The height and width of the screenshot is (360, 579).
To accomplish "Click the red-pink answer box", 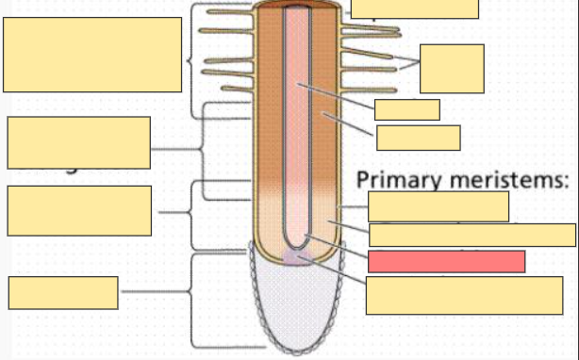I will click(x=446, y=261).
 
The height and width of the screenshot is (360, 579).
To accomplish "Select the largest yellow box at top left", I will click(x=92, y=55).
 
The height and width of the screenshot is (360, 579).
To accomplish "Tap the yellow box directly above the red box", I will click(x=471, y=235).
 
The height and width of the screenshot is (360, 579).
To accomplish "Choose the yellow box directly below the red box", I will click(x=464, y=295).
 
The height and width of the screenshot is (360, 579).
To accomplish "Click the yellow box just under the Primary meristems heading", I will click(x=438, y=205).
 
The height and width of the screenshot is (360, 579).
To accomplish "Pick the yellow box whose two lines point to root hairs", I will click(x=452, y=68).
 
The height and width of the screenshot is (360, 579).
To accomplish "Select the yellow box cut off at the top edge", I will click(x=414, y=8).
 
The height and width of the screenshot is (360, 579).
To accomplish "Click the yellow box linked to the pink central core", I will click(x=406, y=109).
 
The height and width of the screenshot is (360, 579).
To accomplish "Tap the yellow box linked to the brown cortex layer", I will click(x=418, y=138).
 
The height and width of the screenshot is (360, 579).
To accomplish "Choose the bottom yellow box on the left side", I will click(x=63, y=292).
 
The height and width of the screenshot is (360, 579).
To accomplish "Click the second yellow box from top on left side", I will click(x=78, y=142).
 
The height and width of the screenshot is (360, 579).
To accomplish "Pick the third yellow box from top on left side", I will click(x=78, y=210).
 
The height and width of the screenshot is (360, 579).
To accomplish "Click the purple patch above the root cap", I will click(x=297, y=257).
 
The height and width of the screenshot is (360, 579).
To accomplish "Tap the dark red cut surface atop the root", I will click(x=297, y=4).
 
